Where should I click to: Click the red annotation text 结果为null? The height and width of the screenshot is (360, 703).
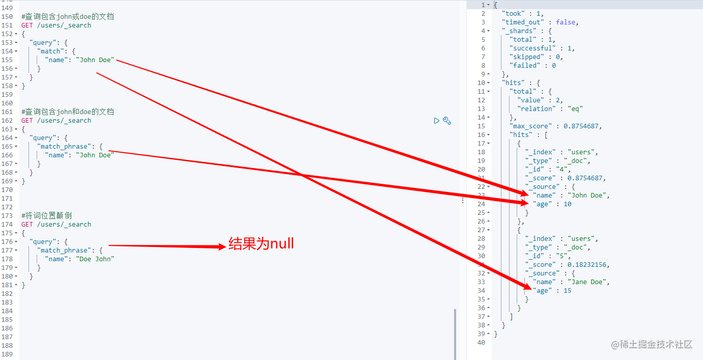(x=261, y=244)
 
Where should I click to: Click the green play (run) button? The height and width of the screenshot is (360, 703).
(x=436, y=121)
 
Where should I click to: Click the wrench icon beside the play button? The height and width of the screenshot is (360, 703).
(x=447, y=121)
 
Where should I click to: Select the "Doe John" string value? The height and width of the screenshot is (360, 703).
(x=95, y=259)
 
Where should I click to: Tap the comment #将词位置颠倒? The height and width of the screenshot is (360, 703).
(x=46, y=216)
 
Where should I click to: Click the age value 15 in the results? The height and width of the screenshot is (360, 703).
(x=567, y=291)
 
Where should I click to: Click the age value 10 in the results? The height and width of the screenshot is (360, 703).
(x=567, y=204)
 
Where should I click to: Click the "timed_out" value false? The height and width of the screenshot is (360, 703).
(x=566, y=22)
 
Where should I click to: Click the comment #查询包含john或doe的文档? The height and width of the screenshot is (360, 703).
(x=68, y=17)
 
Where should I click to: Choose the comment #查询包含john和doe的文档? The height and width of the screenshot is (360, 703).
(x=68, y=112)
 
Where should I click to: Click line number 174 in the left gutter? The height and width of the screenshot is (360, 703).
(x=7, y=225)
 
